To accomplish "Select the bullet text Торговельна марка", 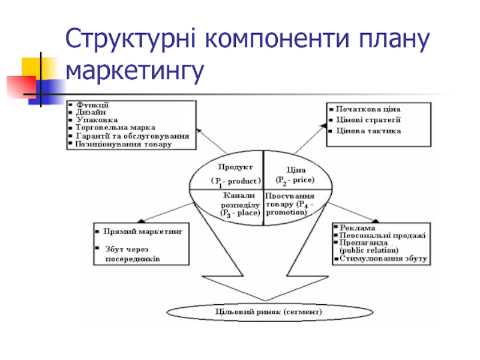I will [x=115, y=128].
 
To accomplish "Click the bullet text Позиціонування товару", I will [x=123, y=144].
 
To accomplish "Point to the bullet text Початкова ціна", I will [x=368, y=109].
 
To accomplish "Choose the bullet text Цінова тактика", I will [x=368, y=131].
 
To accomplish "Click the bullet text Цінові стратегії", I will [x=368, y=120].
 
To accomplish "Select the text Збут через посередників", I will [x=132, y=254].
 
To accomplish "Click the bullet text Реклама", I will [x=357, y=228].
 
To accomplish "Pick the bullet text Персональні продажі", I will [x=382, y=235].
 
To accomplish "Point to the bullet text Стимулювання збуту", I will [x=383, y=259].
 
